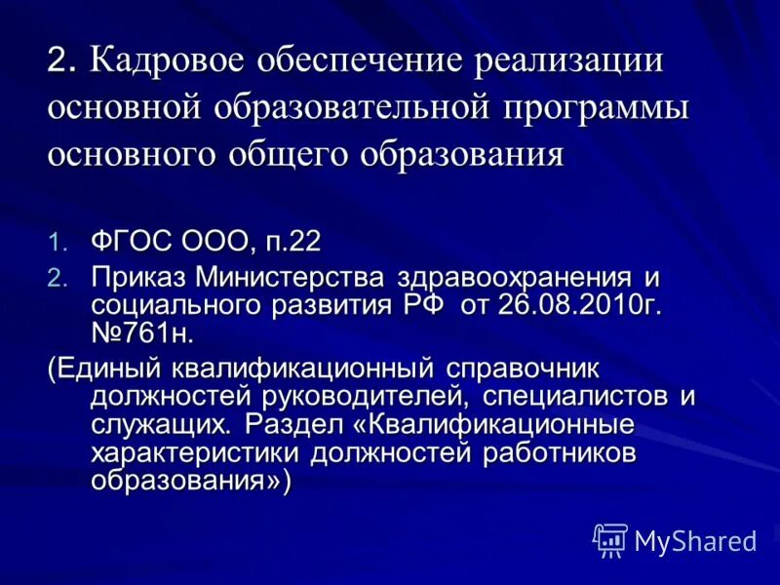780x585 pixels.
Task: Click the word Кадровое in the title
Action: tap(168, 60)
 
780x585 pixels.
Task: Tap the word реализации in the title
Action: tap(568, 60)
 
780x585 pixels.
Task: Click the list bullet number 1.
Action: tap(59, 241)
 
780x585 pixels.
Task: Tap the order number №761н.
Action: tap(142, 333)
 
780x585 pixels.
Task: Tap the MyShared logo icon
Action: tap(610, 539)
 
